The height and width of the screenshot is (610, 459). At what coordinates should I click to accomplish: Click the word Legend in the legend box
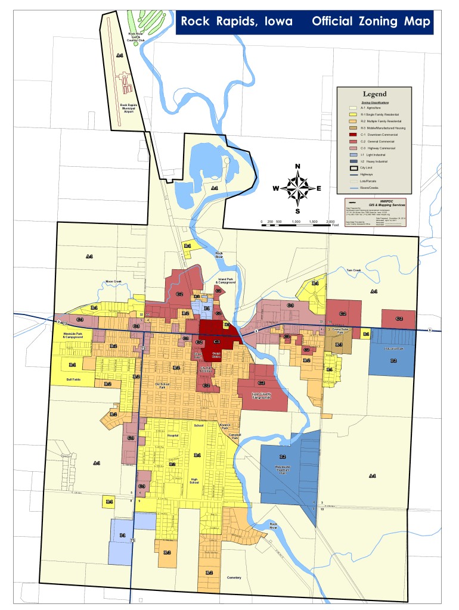pyautogui.click(x=374, y=94)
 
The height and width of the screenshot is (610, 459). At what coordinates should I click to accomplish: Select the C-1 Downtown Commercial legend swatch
pyautogui.click(x=353, y=135)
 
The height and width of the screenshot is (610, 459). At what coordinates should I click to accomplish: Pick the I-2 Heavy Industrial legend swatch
pyautogui.click(x=353, y=161)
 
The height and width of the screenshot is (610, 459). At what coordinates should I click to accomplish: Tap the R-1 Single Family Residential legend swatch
pyautogui.click(x=353, y=114)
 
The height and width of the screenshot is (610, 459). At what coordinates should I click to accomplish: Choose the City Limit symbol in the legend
pyautogui.click(x=353, y=168)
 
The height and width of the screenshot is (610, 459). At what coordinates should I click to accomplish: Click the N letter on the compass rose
pyautogui.click(x=297, y=166)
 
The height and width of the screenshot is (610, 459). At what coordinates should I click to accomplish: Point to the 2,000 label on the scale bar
pyautogui.click(x=330, y=222)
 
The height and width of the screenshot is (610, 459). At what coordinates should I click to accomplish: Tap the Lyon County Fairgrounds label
pyautogui.click(x=261, y=395)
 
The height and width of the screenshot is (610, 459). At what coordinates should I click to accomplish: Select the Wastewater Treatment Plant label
pyautogui.click(x=283, y=469)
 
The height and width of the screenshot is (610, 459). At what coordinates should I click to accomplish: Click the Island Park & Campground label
pyautogui.click(x=226, y=280)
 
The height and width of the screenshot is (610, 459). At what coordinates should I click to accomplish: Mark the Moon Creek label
pyautogui.click(x=113, y=281)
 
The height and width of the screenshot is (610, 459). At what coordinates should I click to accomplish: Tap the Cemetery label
pyautogui.click(x=234, y=577)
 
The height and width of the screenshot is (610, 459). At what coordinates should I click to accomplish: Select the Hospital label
pyautogui.click(x=173, y=435)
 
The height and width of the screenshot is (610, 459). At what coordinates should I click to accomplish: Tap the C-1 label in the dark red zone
pyautogui.click(x=217, y=342)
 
